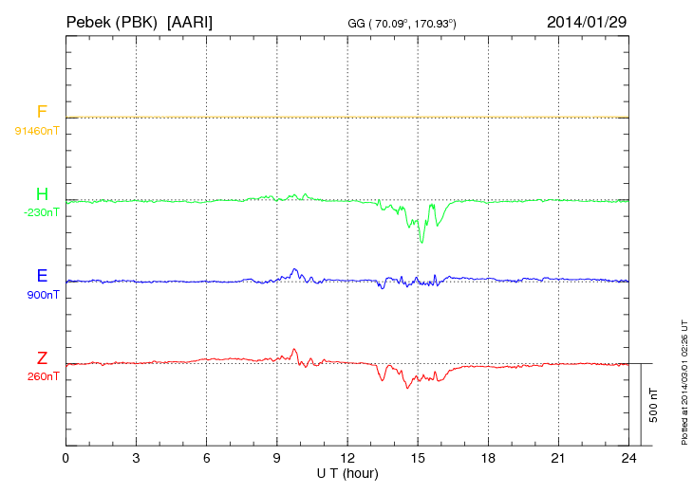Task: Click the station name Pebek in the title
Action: pos(89,21)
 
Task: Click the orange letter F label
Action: pos(42,113)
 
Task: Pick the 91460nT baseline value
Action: pos(37,130)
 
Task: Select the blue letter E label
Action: pos(42,277)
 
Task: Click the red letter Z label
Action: pos(42,358)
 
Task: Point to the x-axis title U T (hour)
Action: pos(347,472)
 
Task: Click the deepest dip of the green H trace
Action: pos(421,242)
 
